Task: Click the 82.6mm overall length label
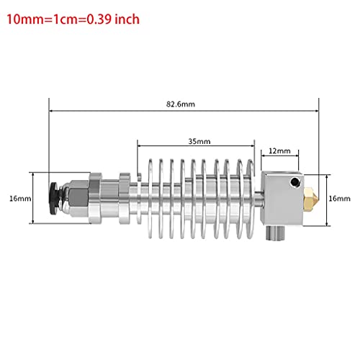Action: coord(184,104)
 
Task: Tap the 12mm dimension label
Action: coord(282,151)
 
